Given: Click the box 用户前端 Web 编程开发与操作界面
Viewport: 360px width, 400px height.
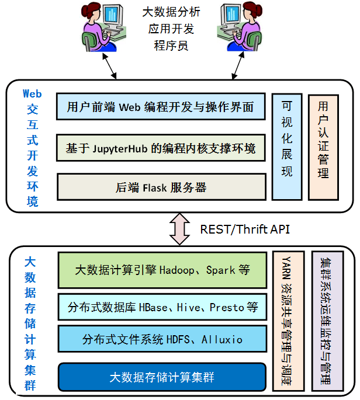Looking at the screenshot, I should point(160,107).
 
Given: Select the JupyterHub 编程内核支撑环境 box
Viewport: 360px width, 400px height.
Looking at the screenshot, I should point(160,148).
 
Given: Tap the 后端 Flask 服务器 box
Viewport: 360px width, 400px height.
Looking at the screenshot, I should point(160,187).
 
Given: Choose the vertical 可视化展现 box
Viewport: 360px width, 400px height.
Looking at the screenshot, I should point(287,147).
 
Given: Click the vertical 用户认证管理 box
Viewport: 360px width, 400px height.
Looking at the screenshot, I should point(323,147).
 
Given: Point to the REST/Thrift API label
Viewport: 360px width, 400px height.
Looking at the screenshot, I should point(245,229).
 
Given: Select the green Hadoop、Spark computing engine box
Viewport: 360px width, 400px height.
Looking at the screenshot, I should point(162,270).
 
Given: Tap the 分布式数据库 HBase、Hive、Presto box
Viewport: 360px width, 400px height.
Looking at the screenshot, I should point(162,307).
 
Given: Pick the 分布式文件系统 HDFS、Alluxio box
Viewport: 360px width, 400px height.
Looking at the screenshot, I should point(162,339).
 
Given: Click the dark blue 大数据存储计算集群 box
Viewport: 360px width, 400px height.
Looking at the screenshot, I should point(162,377).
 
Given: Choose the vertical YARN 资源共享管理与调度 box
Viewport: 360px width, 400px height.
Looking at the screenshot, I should point(288,321).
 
